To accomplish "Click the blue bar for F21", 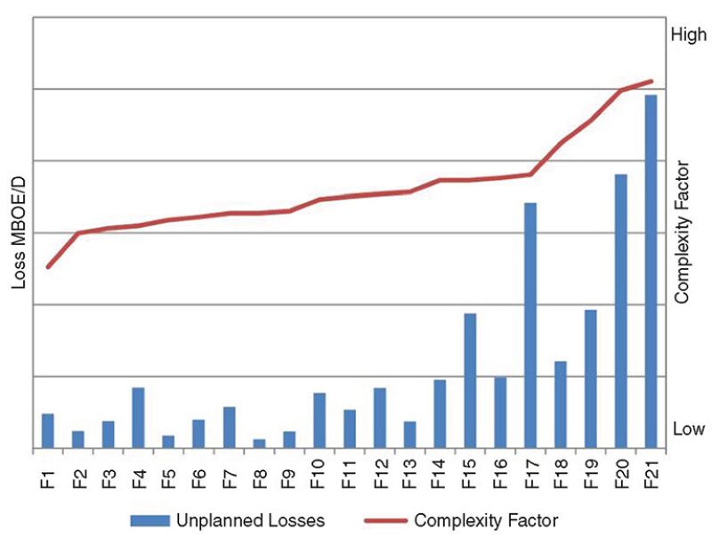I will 651,272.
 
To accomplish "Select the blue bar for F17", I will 530,326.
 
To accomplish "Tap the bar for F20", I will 620,312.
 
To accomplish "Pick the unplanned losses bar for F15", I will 470,381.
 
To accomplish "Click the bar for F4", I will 138,418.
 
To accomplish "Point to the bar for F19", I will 590,379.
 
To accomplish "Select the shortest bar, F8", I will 259,444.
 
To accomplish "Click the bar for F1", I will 48,431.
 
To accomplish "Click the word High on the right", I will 689,36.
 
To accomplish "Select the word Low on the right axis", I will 688,429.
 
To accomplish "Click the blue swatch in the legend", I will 153,519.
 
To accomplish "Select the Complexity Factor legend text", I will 486,519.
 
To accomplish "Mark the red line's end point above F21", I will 651,81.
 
